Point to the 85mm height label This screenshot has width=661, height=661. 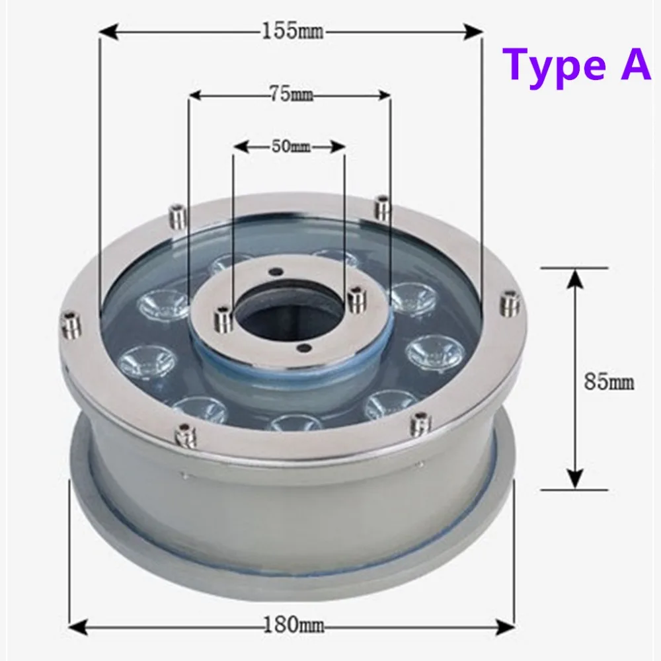pos(609,381)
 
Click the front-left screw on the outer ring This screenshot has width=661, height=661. pos(180,434)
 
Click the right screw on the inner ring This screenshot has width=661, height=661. pos(357,299)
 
